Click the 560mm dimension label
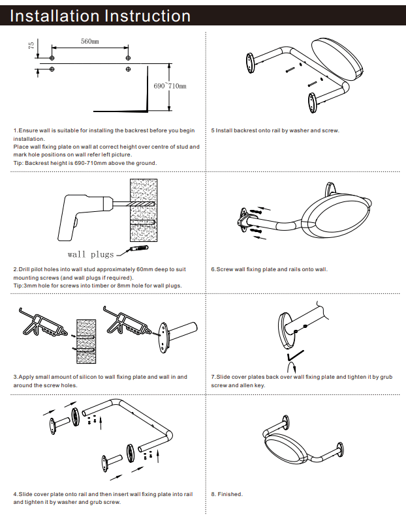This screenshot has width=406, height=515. pos(90,42)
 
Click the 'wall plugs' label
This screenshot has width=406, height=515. pos(91,254)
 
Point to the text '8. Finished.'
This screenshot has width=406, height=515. pos(227,494)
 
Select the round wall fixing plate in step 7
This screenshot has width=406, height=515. pos(285,331)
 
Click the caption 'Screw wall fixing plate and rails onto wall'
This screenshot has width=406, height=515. pos(269,269)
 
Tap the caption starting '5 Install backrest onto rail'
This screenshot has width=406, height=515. pos(275,130)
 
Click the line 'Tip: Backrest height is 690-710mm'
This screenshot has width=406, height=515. pos(85,163)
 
